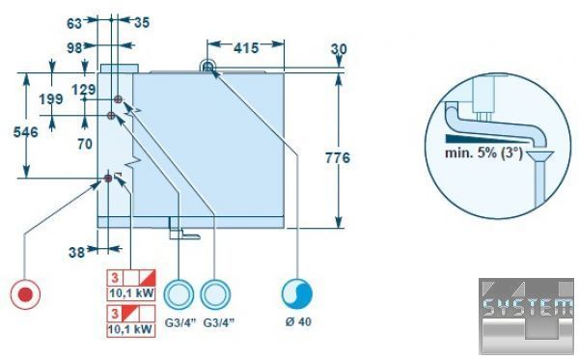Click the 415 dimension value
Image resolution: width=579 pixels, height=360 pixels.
pos(246,48)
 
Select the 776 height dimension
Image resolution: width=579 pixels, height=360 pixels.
pos(338,158)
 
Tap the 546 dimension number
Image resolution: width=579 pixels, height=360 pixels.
pos(25,132)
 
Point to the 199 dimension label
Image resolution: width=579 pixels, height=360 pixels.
pos(51,99)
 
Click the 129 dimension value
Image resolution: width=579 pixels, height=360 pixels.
pos(83,90)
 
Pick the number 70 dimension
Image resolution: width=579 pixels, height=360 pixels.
pos(85,144)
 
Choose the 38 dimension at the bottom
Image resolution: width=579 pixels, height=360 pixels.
pos(77,253)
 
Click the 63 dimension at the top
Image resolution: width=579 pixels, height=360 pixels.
pos(74,23)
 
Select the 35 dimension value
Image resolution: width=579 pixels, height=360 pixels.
pos(142,22)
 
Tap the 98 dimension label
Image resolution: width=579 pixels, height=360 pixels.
pos(75,48)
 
